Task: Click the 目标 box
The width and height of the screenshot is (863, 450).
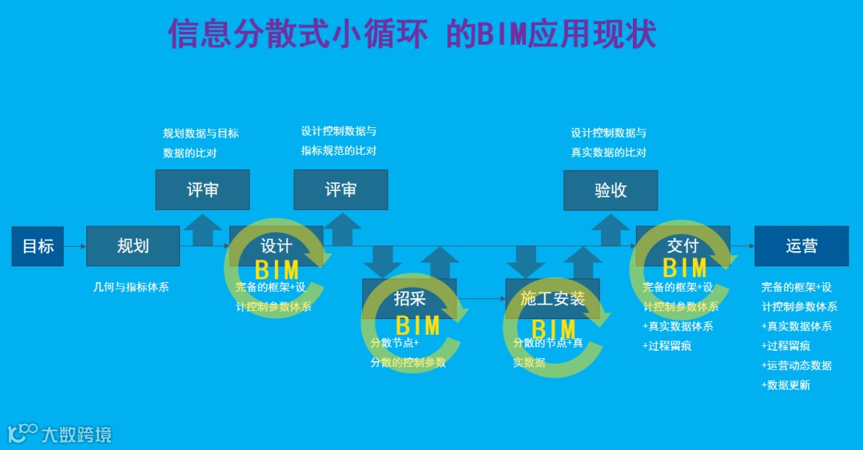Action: pyautogui.click(x=38, y=246)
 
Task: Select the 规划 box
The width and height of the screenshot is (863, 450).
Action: pyautogui.click(x=133, y=246)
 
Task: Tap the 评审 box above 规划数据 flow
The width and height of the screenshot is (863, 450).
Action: pyautogui.click(x=202, y=189)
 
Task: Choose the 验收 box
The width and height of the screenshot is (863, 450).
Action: pyautogui.click(x=610, y=190)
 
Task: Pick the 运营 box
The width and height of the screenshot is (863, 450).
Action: pyautogui.click(x=801, y=246)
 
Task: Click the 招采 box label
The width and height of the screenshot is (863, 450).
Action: pyautogui.click(x=410, y=299)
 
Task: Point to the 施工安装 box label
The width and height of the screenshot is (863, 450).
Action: pyautogui.click(x=553, y=299)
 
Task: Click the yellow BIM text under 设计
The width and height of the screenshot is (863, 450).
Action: pyautogui.click(x=276, y=270)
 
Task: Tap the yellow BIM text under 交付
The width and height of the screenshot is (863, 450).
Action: pyautogui.click(x=684, y=267)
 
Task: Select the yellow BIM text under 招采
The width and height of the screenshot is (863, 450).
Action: pyautogui.click(x=417, y=325)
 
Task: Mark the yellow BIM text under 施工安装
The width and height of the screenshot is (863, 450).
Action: pyautogui.click(x=553, y=329)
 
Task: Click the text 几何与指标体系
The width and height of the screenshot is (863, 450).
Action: pyautogui.click(x=131, y=287)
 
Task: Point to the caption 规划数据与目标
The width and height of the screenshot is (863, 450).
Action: pyautogui.click(x=201, y=133)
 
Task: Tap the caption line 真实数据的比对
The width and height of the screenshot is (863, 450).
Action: pyautogui.click(x=608, y=153)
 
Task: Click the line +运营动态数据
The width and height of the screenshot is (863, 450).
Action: pyautogui.click(x=797, y=365)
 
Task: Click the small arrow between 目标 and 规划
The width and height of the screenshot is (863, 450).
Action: pyautogui.click(x=74, y=246)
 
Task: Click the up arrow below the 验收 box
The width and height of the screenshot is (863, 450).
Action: pyautogui.click(x=610, y=229)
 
